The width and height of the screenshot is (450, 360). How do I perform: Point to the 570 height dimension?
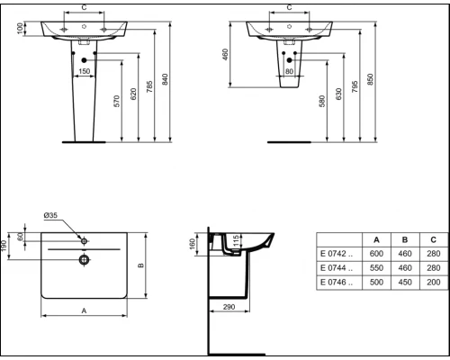(116, 102)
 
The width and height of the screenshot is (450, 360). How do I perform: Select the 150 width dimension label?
(83, 71)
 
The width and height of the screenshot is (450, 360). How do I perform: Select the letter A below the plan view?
(84, 310)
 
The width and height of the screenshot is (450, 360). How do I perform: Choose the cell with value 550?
(375, 269)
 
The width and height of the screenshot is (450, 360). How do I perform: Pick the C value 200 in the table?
(434, 283)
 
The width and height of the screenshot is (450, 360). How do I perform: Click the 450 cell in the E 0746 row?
(406, 283)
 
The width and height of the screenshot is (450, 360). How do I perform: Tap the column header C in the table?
(434, 238)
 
